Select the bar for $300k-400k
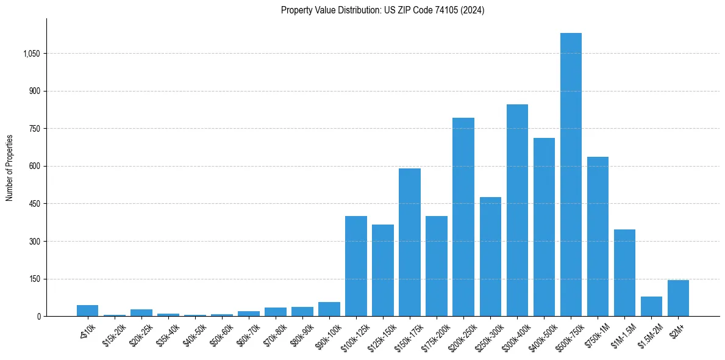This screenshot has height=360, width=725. click(x=517, y=211)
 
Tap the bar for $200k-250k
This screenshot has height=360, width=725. click(x=463, y=217)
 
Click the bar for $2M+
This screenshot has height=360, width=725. click(x=678, y=298)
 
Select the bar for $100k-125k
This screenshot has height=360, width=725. click(x=356, y=266)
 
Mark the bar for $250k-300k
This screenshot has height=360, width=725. click(x=490, y=257)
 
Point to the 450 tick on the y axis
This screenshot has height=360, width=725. click(x=35, y=204)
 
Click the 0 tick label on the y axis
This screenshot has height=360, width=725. click(x=38, y=317)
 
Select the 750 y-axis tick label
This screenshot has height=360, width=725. click(x=35, y=129)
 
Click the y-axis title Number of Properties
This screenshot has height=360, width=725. click(x=10, y=168)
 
